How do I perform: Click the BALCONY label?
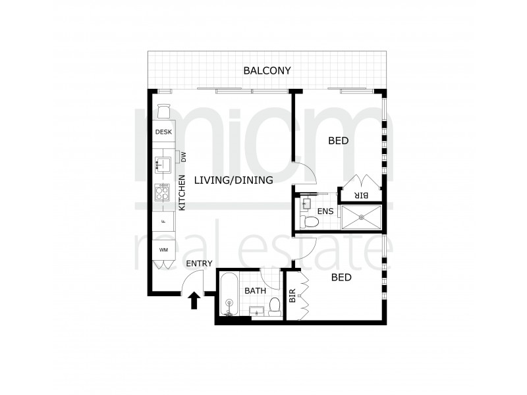point(267,70)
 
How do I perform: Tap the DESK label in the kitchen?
point(163,132)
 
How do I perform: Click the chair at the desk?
point(163,111)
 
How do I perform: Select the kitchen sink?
point(163,161)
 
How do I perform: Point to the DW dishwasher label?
point(184,157)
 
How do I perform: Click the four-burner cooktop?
point(163,192)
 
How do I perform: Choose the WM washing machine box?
point(163,250)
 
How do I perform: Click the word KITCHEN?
point(182,193)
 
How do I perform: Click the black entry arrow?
point(194,300)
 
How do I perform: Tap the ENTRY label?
point(198,264)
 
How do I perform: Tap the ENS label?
point(325,211)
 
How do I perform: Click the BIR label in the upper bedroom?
point(360,196)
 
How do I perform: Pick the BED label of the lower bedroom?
point(341,277)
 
